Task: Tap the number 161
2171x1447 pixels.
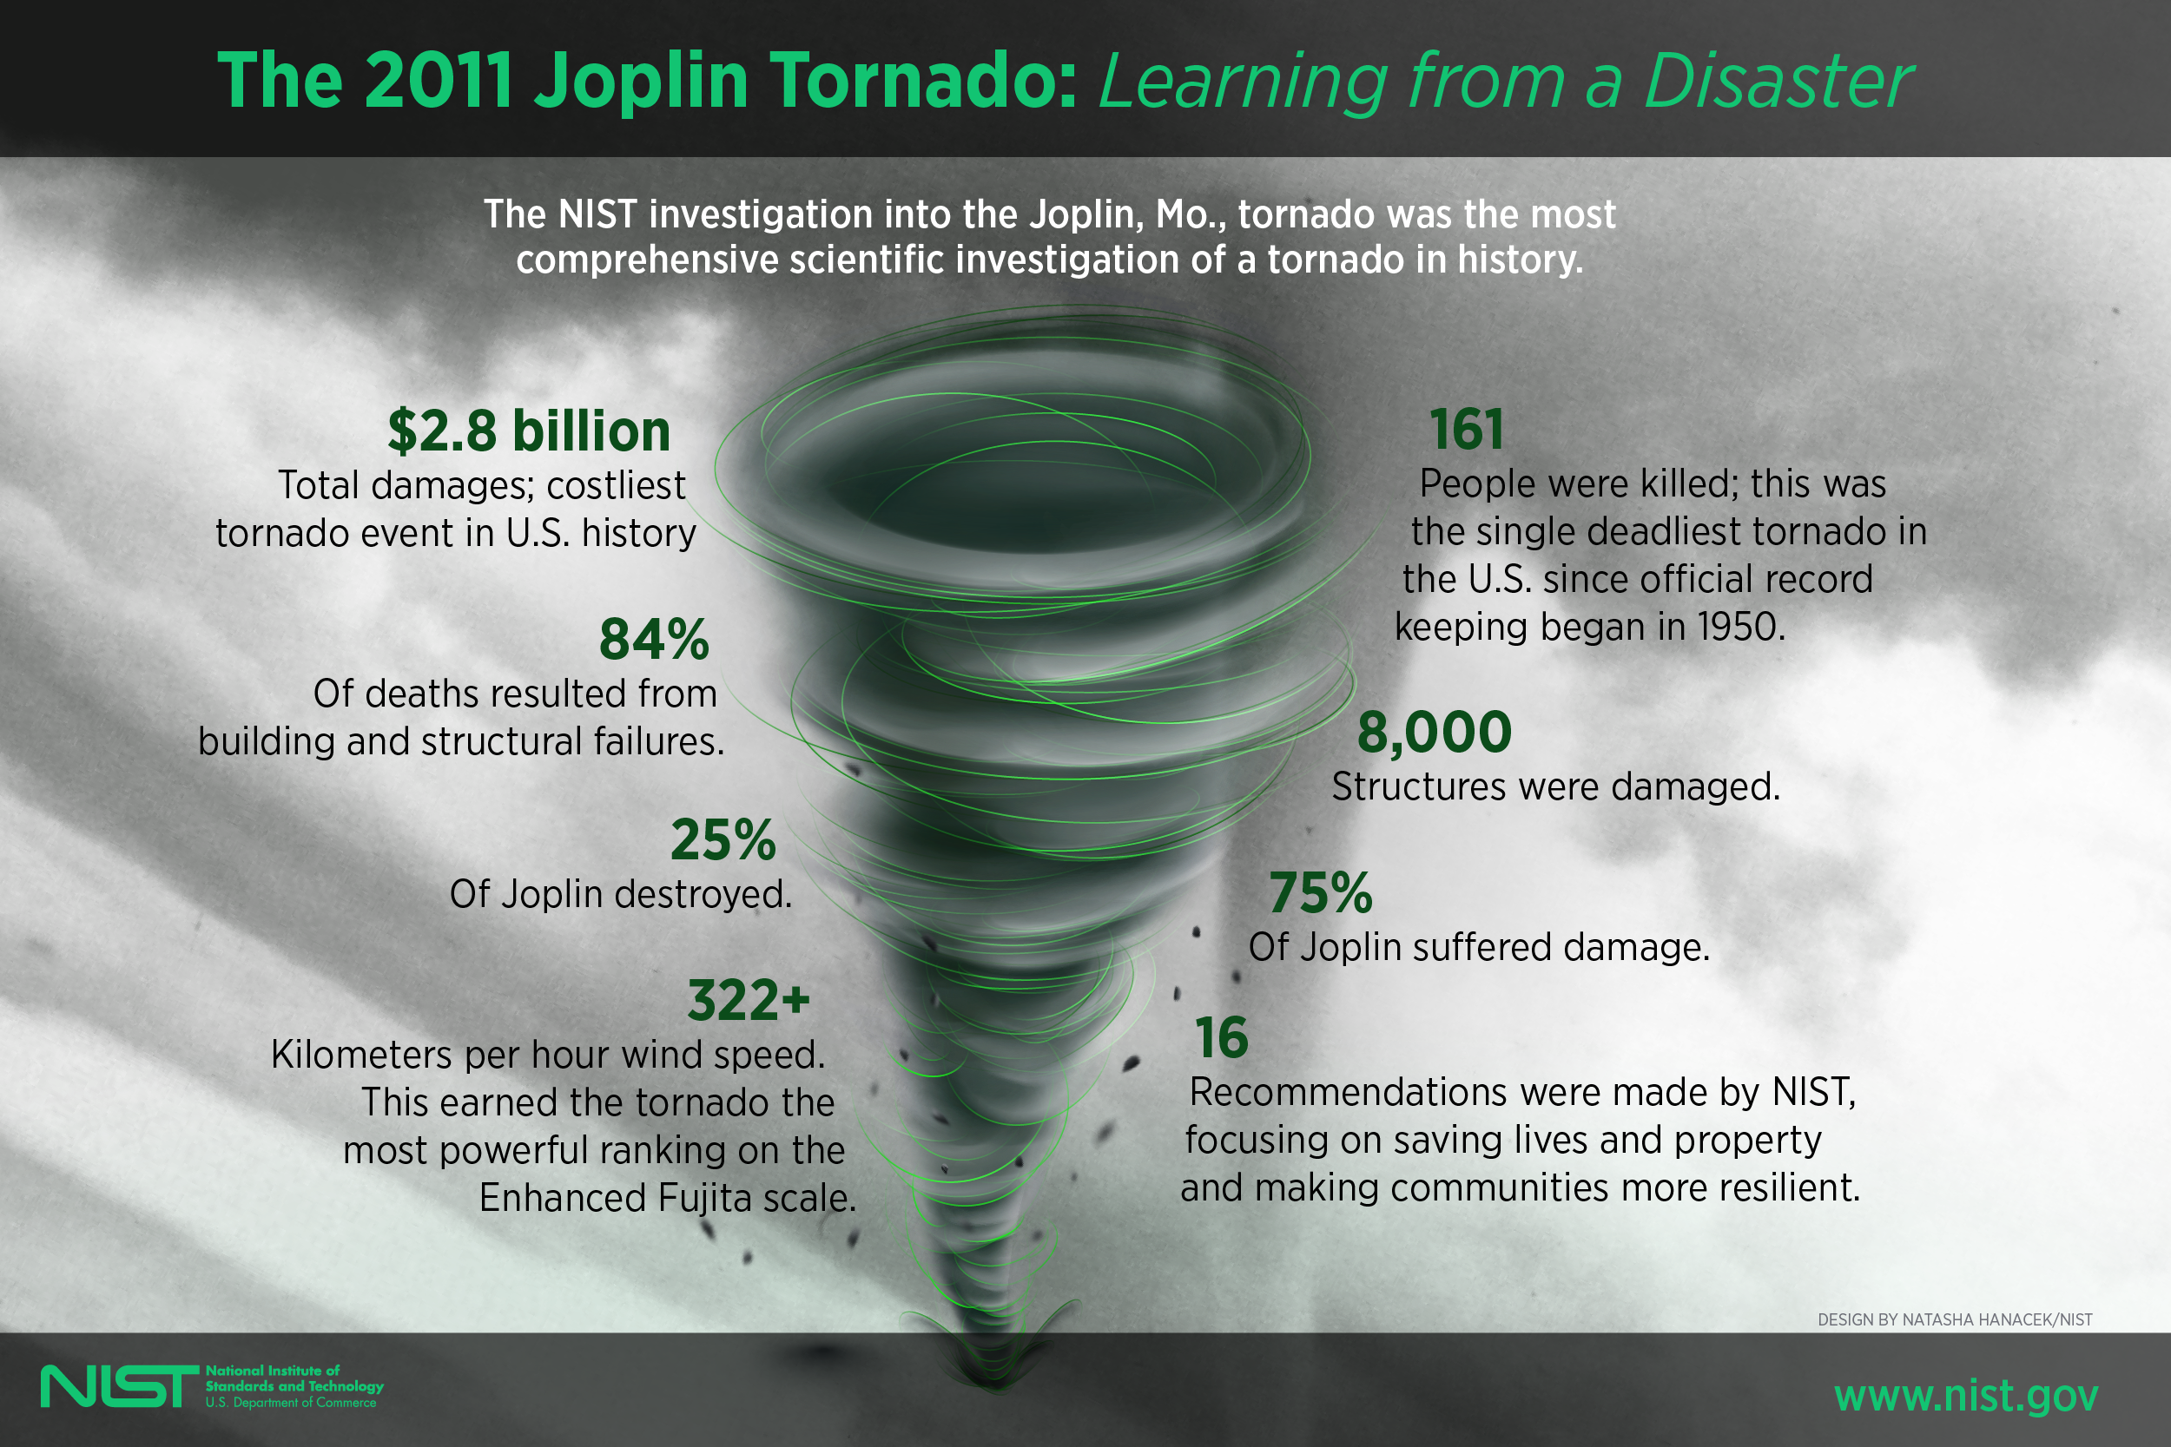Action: click(x=1466, y=430)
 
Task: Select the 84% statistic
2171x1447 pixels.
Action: click(x=654, y=640)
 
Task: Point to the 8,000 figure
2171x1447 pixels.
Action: click(x=1434, y=733)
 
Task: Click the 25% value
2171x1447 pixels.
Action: click(x=723, y=839)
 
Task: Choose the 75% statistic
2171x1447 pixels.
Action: click(x=1320, y=893)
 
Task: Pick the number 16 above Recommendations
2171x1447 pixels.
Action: click(x=1220, y=1038)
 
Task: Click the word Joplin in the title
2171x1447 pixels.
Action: click(x=642, y=82)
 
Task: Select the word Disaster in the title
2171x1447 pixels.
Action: click(x=1777, y=82)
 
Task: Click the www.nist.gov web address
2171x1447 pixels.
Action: click(x=1966, y=1394)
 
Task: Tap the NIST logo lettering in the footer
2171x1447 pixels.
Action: click(x=119, y=1386)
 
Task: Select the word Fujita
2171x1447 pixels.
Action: click(x=707, y=1198)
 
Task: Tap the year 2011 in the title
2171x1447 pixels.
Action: click(x=439, y=82)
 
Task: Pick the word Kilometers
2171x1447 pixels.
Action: click(x=361, y=1055)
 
